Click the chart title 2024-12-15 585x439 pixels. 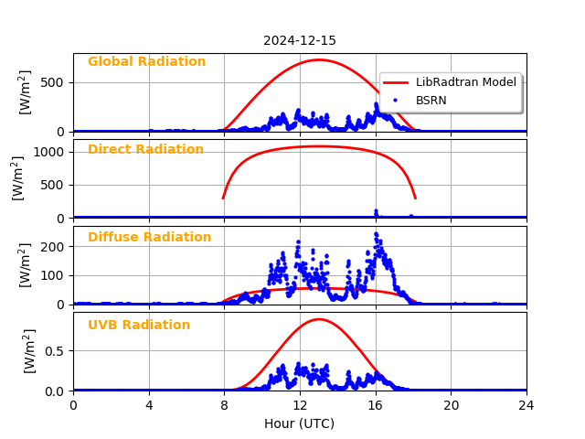tap(300, 41)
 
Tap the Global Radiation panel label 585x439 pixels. tap(146, 62)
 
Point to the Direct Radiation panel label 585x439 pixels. tap(145, 150)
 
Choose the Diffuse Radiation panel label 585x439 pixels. tap(149, 238)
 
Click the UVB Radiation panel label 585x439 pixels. tap(139, 326)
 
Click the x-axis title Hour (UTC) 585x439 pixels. tap(300, 423)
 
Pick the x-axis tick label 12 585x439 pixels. tap(300, 405)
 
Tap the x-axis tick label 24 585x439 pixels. tap(526, 405)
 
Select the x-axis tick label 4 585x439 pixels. tap(149, 405)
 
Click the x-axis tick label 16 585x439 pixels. tap(376, 405)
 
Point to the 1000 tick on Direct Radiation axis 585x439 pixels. tap(52, 153)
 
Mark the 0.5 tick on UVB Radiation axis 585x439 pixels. tap(56, 351)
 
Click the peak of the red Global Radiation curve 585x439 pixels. tap(318, 59)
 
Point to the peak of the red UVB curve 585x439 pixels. tap(318, 319)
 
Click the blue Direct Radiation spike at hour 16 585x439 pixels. tap(376, 211)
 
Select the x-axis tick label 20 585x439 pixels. tap(452, 405)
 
